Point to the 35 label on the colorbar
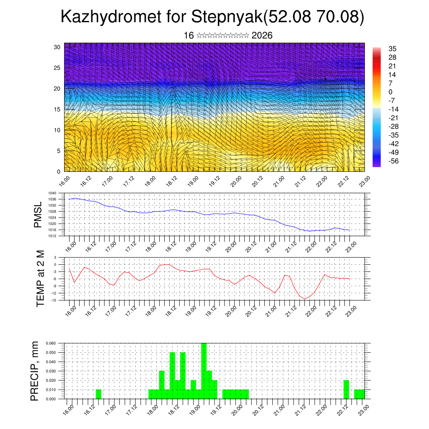point(393,49)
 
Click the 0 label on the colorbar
point(390,92)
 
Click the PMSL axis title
point(38,214)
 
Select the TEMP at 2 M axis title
point(40,279)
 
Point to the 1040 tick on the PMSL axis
point(64,194)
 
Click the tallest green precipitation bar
point(204,371)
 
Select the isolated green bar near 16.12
point(98,394)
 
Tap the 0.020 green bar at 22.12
point(346,390)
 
